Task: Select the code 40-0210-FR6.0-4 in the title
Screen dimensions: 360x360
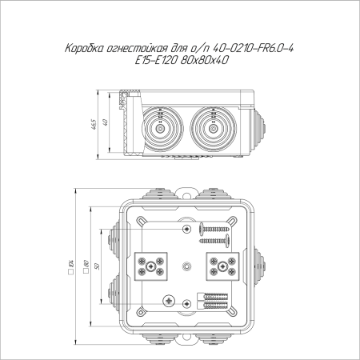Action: point(253,49)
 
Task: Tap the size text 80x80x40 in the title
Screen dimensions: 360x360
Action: point(204,61)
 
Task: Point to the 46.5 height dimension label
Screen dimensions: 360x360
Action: point(94,125)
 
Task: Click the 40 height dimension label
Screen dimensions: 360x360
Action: point(105,122)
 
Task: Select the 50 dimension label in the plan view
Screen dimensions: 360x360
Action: point(97,266)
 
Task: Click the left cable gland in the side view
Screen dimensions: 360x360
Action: point(160,130)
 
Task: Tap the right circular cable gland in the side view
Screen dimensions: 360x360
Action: point(213,130)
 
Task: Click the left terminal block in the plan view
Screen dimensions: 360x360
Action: point(151,266)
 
